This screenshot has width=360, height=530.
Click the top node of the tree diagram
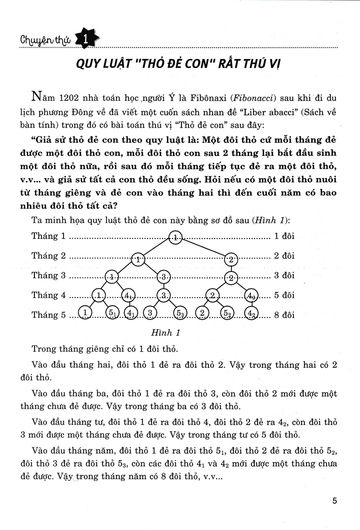coord(176,237)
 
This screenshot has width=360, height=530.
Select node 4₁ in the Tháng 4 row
coord(129,295)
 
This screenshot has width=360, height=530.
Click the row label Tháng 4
coord(49,295)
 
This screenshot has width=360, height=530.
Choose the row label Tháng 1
coord(49,236)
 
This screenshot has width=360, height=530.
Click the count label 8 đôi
coord(284,315)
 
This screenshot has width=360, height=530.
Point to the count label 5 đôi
coord(284,295)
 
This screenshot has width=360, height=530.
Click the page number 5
coord(334,501)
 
